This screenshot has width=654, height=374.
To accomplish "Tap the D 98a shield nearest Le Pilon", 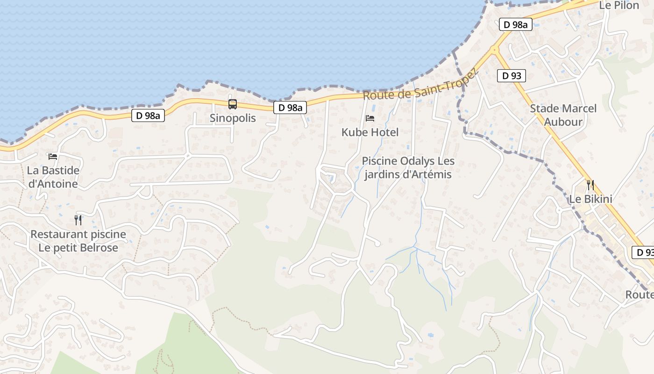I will pyautogui.click(x=516, y=25).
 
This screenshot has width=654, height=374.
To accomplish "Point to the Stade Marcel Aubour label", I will pyautogui.click(x=563, y=115).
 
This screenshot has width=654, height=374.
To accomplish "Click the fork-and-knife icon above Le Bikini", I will pyautogui.click(x=590, y=185).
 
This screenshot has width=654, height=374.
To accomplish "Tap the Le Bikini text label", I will pyautogui.click(x=590, y=199).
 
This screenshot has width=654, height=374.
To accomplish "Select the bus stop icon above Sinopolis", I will pyautogui.click(x=233, y=104).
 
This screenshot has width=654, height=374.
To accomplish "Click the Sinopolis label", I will pyautogui.click(x=233, y=118).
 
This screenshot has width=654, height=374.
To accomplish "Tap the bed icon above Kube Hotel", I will pyautogui.click(x=370, y=118).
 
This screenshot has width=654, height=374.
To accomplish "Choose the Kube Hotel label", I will pyautogui.click(x=370, y=132).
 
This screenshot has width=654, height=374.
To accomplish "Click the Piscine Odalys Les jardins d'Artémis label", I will pyautogui.click(x=408, y=168).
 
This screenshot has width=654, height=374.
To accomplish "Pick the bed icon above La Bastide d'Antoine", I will pyautogui.click(x=53, y=156).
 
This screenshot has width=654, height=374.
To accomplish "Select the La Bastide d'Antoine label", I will pyautogui.click(x=53, y=177).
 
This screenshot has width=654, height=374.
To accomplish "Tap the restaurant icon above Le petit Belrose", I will pyautogui.click(x=78, y=220).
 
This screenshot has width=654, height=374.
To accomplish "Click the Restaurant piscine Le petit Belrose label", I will pyautogui.click(x=78, y=241).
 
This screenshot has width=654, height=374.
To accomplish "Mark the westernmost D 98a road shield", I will pyautogui.click(x=148, y=115).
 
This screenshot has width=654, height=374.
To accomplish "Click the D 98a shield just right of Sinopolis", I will pyautogui.click(x=291, y=108).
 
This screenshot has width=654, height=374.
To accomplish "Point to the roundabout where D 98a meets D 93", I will pyautogui.click(x=494, y=50).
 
